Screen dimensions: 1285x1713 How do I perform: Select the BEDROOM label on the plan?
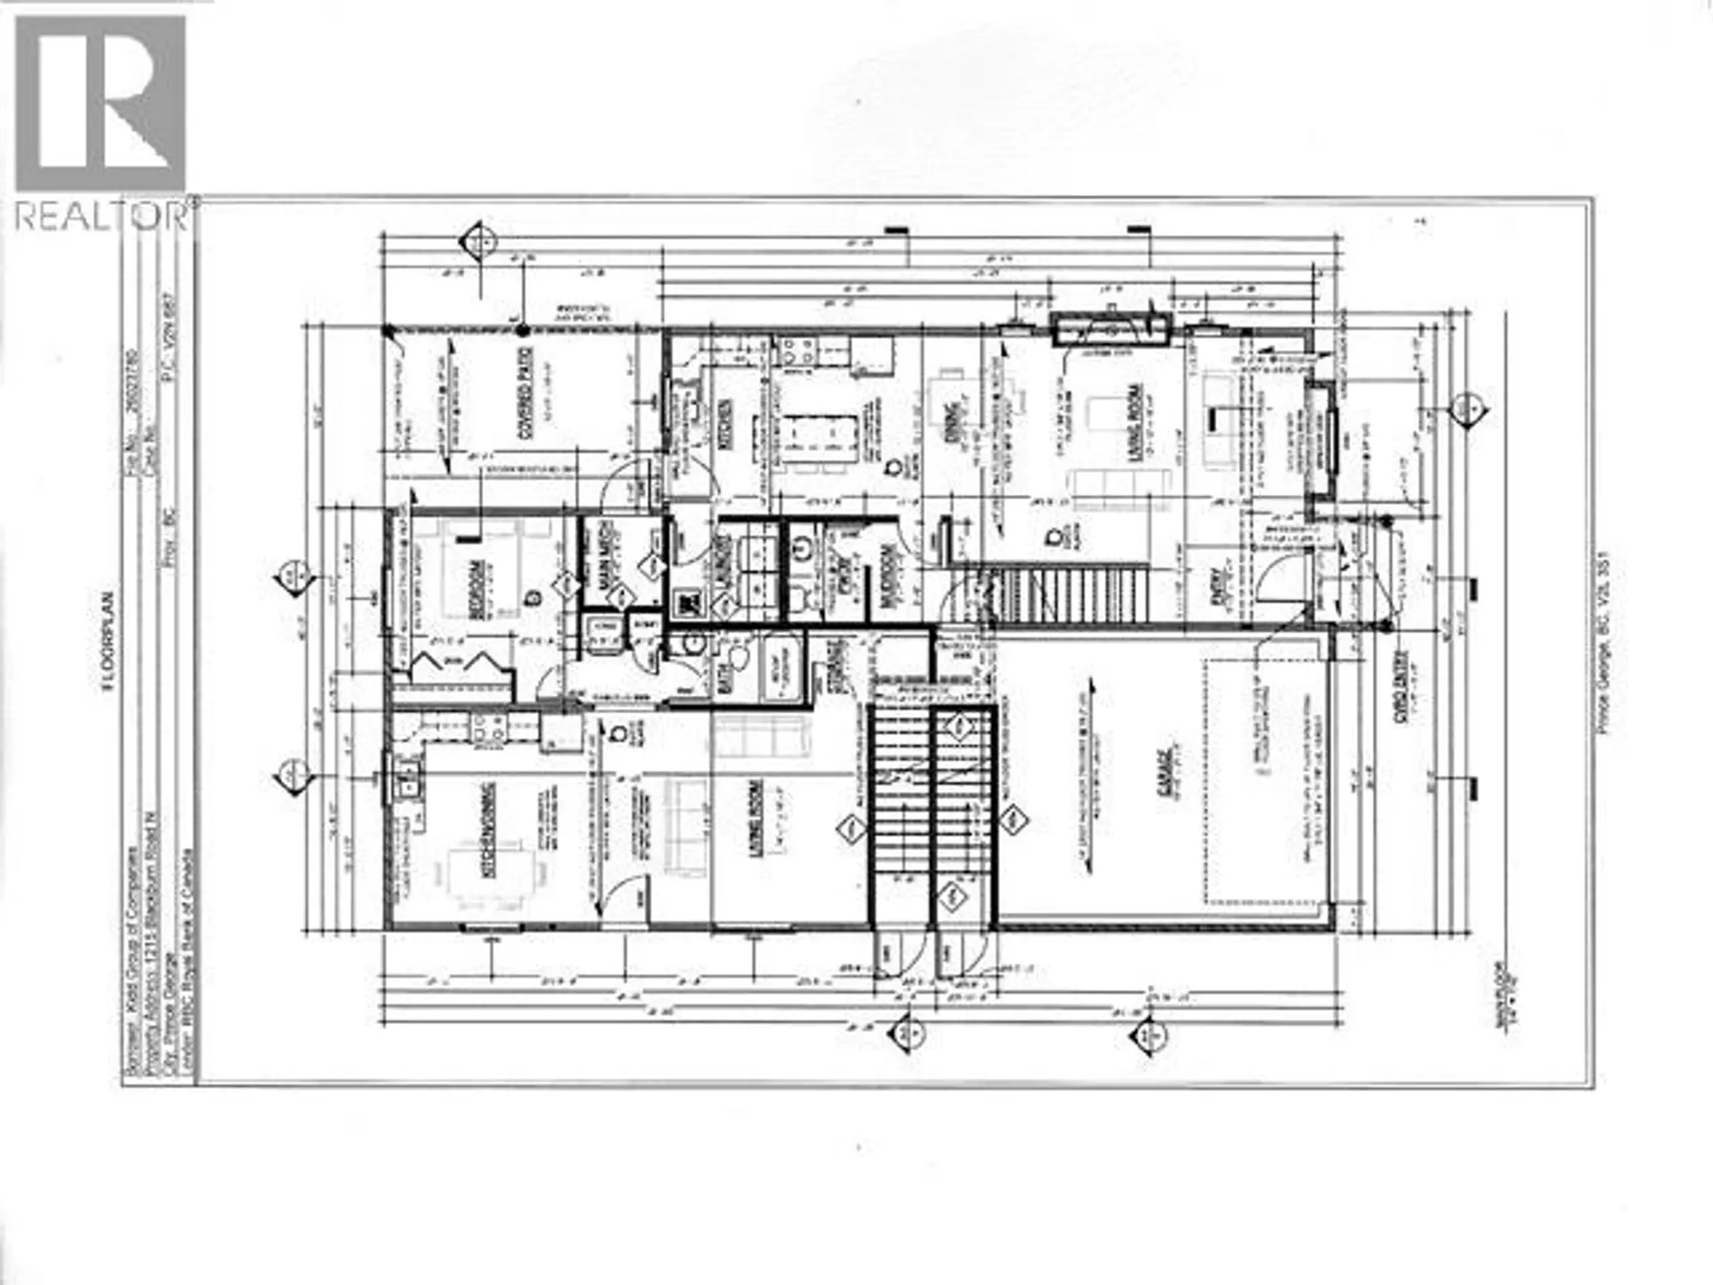(x=476, y=587)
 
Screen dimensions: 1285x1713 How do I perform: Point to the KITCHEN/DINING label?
(x=489, y=833)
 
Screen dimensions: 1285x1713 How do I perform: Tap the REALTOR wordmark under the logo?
(x=103, y=216)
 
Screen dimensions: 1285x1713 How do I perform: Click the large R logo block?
(x=101, y=103)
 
